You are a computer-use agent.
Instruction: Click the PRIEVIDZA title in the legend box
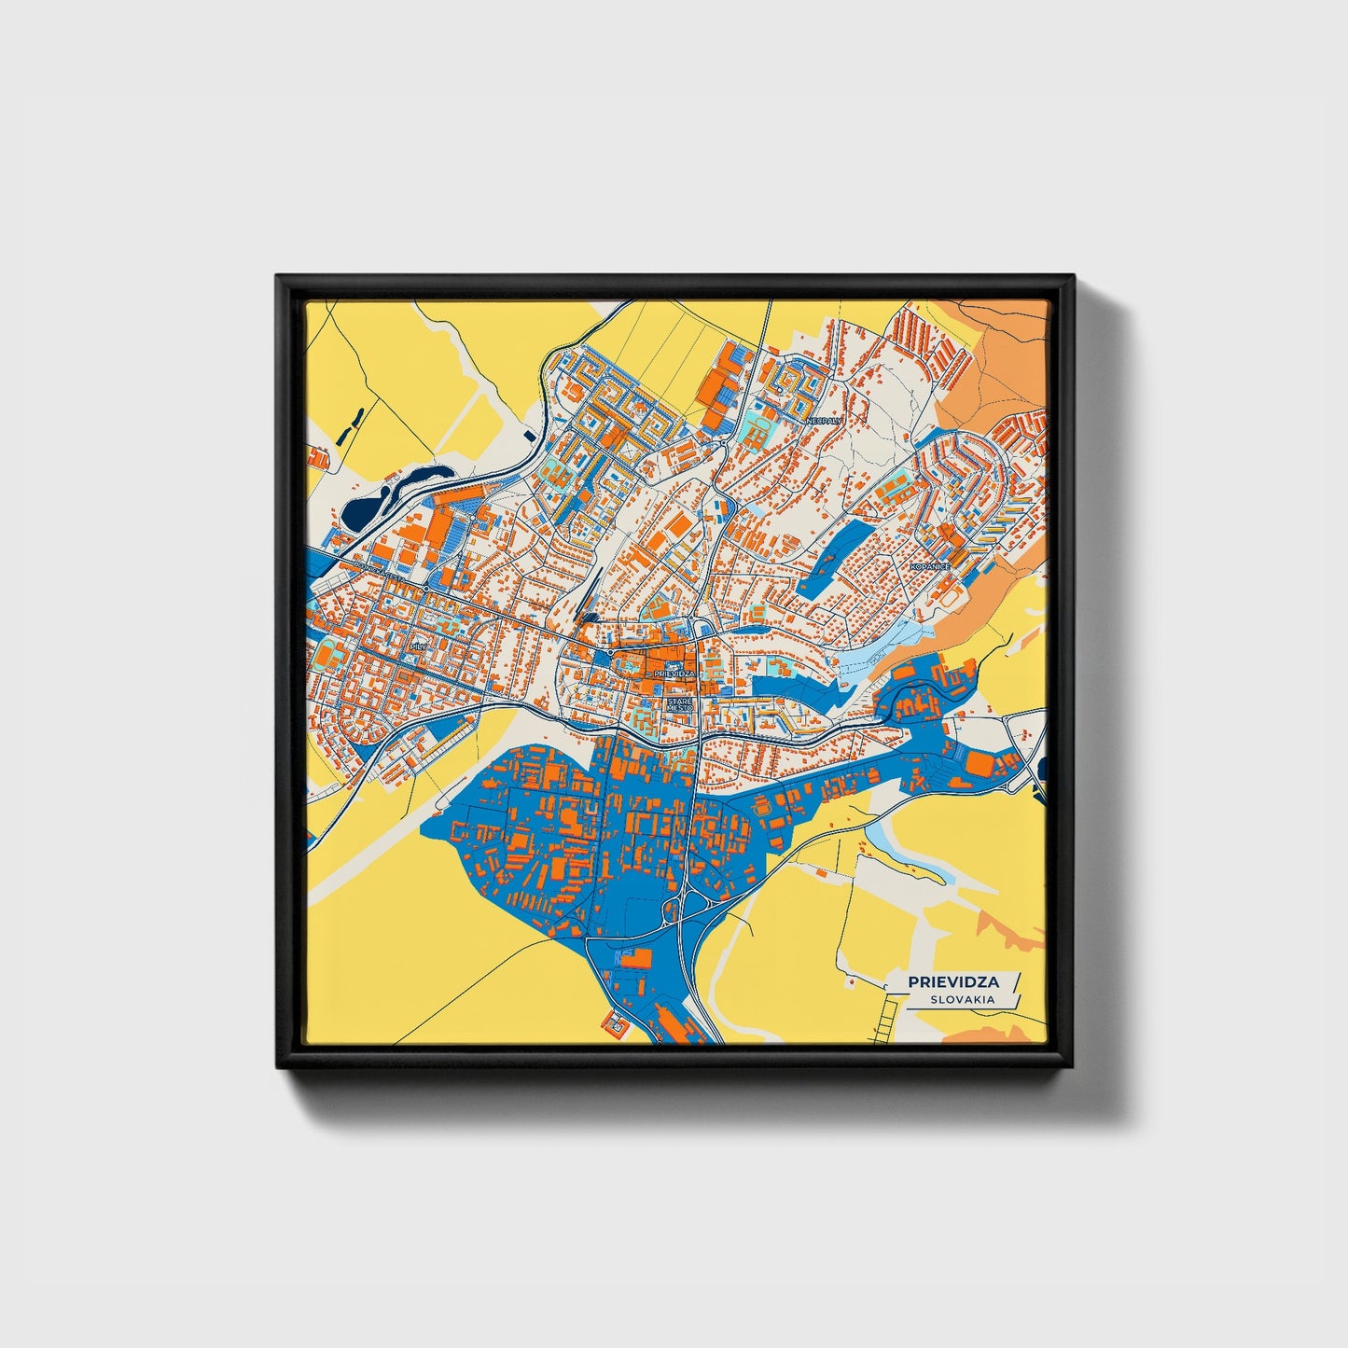coord(952,981)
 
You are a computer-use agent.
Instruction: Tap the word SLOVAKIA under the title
coord(961,999)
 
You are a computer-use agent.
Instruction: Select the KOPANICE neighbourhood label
coord(929,566)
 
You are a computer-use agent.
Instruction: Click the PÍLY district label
coord(417,646)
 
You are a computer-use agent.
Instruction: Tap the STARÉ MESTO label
coord(679,704)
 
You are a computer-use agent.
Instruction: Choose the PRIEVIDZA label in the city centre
coord(675,673)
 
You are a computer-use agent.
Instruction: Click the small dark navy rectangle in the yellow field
coord(530,435)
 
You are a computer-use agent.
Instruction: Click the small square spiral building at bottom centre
coord(617,1024)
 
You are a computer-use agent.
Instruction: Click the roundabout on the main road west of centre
coord(425,589)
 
